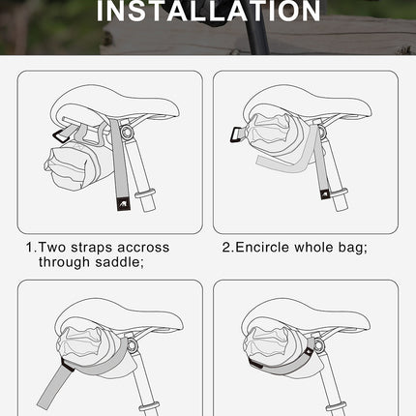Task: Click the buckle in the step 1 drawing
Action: (67, 131)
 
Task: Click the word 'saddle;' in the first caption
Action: (120, 262)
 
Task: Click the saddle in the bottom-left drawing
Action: (106, 324)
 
